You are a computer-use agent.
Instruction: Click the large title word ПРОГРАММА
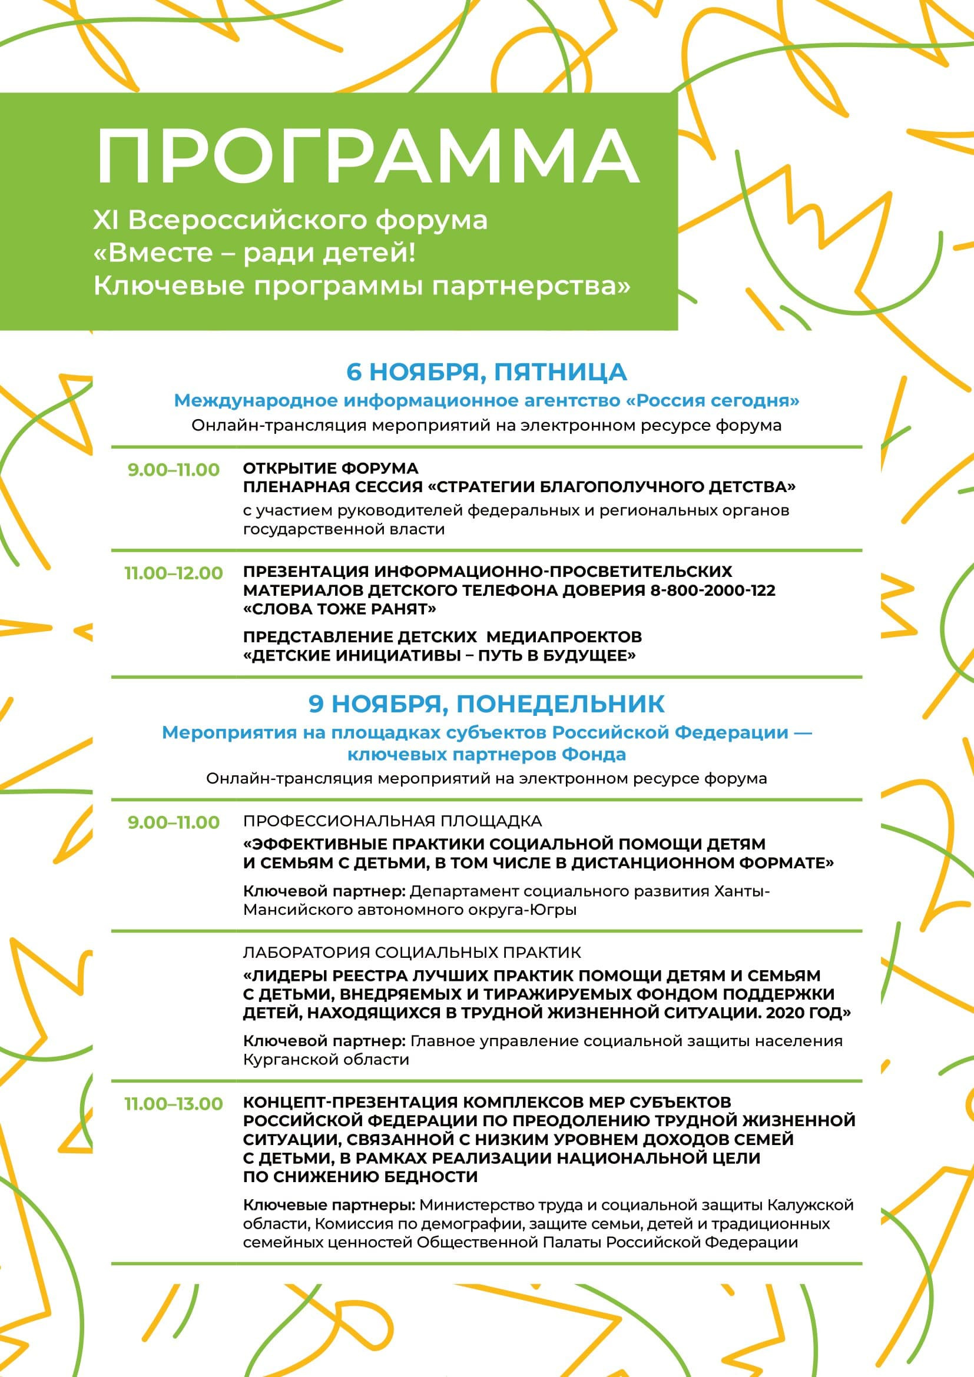[x=367, y=157]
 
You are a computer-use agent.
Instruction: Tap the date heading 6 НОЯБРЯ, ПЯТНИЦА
[x=486, y=372]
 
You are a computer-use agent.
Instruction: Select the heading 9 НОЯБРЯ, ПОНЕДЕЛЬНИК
[x=486, y=704]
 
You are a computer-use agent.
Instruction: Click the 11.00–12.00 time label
[x=173, y=573]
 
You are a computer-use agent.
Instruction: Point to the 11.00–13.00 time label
[x=173, y=1103]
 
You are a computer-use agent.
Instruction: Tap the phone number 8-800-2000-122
[x=713, y=590]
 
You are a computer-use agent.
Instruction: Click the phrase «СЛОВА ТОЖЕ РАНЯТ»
[x=339, y=609]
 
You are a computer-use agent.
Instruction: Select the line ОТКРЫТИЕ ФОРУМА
[x=330, y=468]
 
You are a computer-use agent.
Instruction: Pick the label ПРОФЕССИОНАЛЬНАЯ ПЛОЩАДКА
[x=392, y=821]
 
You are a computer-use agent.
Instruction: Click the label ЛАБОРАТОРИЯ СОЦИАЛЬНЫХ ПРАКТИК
[x=412, y=952]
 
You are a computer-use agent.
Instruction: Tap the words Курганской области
[x=326, y=1059]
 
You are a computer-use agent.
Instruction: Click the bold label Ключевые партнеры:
[x=329, y=1205]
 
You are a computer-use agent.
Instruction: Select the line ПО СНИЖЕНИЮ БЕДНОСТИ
[x=360, y=1177]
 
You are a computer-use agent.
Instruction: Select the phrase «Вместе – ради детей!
[x=254, y=253]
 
